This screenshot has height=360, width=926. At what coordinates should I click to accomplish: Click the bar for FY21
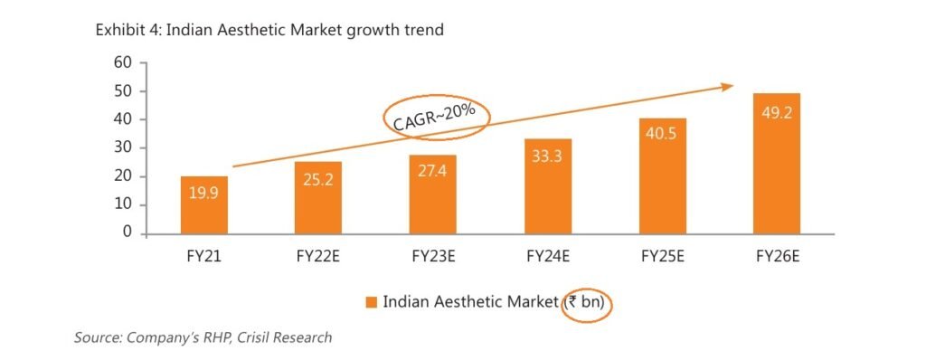203,204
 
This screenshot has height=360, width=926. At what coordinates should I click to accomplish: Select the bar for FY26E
776,163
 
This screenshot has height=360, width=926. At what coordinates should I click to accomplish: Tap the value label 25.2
317,193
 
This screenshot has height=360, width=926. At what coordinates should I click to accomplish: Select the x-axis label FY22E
317,256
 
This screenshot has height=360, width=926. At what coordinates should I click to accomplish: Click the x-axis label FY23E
432,256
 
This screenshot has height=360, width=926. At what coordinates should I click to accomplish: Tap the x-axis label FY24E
547,256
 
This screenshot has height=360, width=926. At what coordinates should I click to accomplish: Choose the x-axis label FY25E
662,256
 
